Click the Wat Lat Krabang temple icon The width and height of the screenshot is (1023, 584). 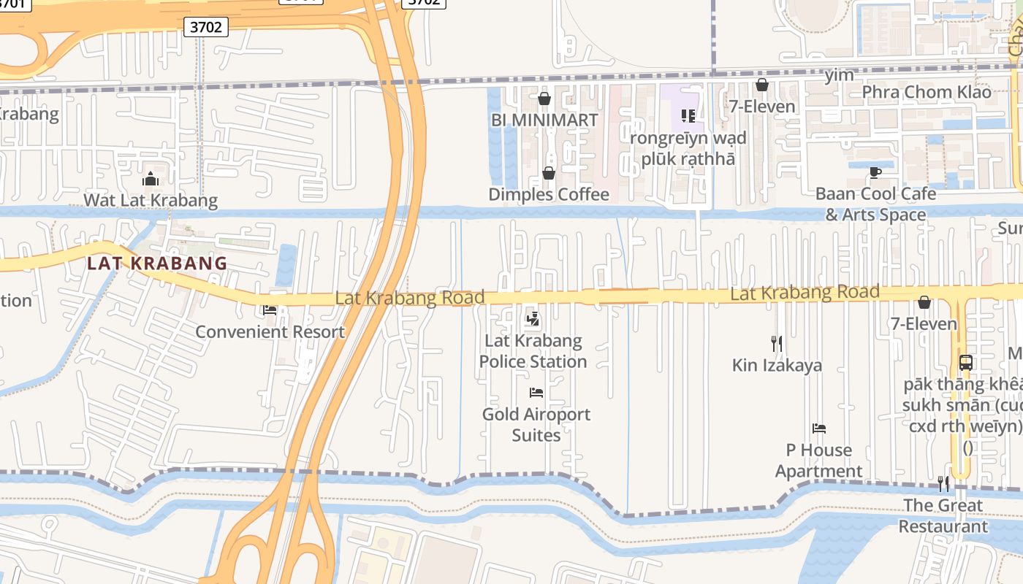click(x=151, y=179)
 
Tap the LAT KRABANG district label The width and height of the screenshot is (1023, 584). click(x=157, y=264)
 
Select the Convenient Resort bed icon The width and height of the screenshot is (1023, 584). click(x=270, y=310)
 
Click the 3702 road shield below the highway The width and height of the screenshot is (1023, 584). click(x=205, y=28)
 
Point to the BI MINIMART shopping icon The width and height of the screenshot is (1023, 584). click(x=544, y=99)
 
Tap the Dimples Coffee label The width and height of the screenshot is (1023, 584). click(x=548, y=194)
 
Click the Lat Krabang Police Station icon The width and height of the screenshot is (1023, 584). click(x=533, y=319)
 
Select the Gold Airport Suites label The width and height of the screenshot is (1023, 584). click(x=536, y=424)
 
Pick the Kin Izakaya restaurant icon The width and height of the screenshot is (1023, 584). click(x=777, y=343)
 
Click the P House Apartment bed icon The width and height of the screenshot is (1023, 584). click(x=819, y=429)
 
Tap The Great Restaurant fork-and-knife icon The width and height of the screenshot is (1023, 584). click(x=943, y=483)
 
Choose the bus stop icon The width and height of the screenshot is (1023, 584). click(x=965, y=362)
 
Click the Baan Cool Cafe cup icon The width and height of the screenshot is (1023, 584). click(x=875, y=173)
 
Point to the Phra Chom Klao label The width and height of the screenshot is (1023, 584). click(x=927, y=92)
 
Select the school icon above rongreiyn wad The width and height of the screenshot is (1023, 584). click(x=688, y=115)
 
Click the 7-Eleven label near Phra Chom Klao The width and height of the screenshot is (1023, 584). click(x=761, y=107)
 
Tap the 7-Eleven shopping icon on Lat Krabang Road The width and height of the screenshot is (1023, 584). click(x=924, y=302)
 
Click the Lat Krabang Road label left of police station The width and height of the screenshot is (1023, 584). click(x=409, y=298)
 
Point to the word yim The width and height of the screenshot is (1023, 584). click(x=838, y=75)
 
